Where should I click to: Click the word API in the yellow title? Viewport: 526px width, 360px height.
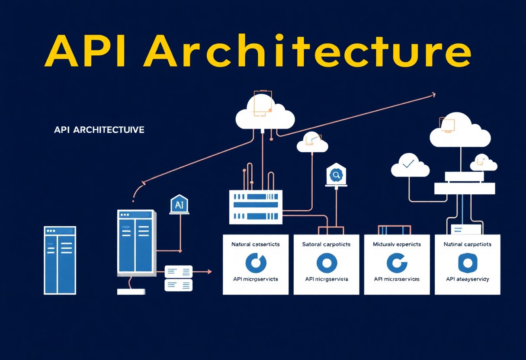87,52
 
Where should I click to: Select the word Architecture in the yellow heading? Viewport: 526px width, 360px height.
307,52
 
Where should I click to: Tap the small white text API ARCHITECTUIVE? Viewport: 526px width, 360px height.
99,130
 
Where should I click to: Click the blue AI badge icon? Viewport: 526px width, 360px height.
180,205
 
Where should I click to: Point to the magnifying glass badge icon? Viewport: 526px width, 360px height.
336,175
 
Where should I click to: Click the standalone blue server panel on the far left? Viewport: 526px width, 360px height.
60,260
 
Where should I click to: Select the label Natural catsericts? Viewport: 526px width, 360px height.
255,244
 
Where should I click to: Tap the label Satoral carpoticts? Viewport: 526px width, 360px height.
326,244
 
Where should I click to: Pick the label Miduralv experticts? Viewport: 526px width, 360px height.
397,244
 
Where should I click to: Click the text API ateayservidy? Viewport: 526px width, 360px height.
467,279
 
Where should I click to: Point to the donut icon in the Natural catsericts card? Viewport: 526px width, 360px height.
256,262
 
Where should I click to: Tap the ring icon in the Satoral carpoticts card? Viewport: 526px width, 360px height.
326,262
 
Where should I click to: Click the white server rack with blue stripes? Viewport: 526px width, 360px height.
255,208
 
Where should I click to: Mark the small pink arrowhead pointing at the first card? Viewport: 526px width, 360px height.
210,272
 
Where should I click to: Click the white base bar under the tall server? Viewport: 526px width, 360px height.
131,292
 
